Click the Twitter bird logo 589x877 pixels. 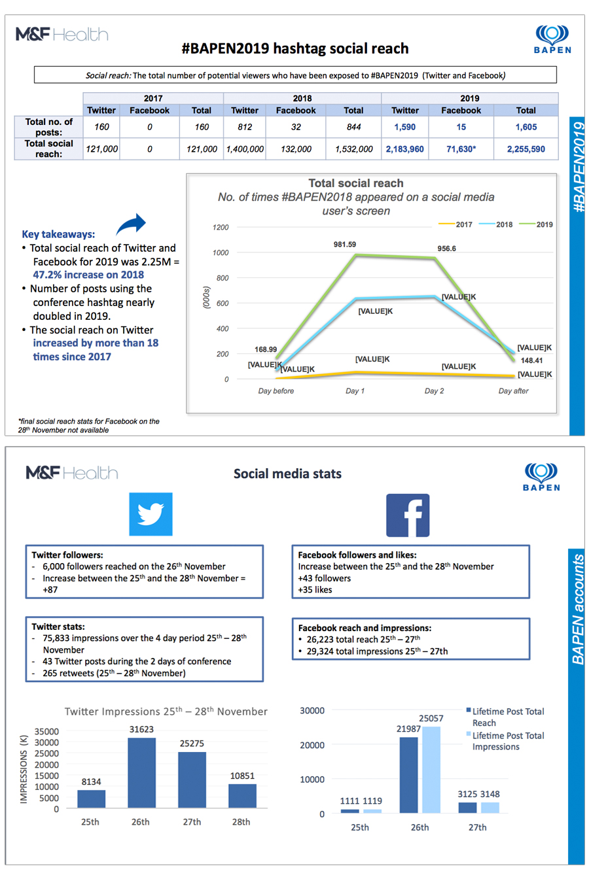coord(151,514)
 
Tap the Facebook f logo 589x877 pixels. coord(408,515)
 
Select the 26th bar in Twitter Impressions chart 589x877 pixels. coord(141,773)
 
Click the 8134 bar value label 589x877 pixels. coord(91,782)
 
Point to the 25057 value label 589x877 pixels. coord(431,718)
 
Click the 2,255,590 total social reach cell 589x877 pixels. coord(526,149)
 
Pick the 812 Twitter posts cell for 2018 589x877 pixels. coord(245,127)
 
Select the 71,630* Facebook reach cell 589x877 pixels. coord(461,149)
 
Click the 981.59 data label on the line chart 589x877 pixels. coord(345,245)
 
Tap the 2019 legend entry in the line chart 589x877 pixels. coord(538,224)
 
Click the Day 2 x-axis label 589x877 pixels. coord(434,391)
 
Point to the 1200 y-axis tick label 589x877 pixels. coord(221,228)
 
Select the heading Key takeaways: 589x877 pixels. coord(58,234)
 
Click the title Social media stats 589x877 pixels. coord(287,474)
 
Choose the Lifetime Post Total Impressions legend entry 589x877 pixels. coord(507,741)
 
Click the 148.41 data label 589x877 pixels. coord(531,360)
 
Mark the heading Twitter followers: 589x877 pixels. coord(67,555)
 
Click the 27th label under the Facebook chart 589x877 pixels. coord(477,827)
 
